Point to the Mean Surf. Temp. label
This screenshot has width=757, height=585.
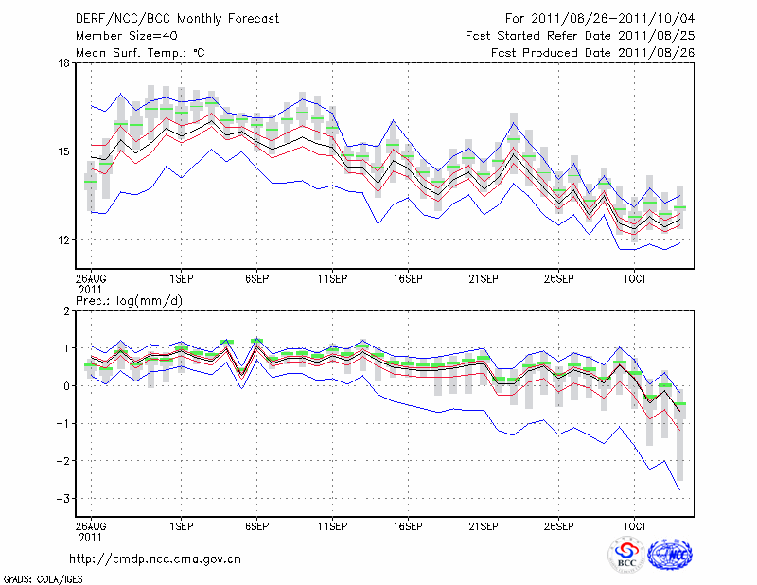[x=140, y=53]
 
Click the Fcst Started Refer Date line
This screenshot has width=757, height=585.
[x=580, y=36]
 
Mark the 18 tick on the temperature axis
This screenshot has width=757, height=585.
[x=63, y=63]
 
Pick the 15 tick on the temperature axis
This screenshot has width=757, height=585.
[x=63, y=151]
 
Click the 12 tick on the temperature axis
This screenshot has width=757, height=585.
[x=63, y=240]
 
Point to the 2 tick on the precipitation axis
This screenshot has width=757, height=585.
[x=65, y=311]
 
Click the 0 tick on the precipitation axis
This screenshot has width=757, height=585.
[x=65, y=386]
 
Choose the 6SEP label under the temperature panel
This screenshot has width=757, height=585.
[x=256, y=278]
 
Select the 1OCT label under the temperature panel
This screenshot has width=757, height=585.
[x=634, y=278]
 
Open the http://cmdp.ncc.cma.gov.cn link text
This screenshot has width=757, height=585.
[x=155, y=559]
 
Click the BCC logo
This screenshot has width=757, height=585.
[x=627, y=556]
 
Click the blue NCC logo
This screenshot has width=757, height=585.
[x=670, y=556]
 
